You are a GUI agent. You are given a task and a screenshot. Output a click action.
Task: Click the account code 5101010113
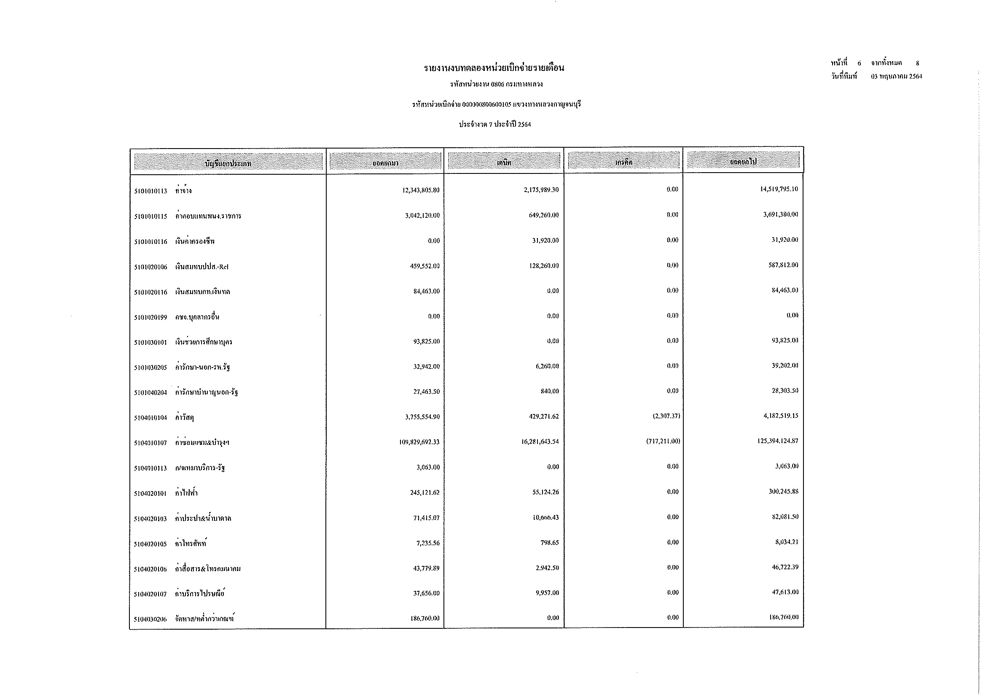pos(150,191)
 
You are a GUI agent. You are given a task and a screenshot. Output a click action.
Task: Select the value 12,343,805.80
pos(420,190)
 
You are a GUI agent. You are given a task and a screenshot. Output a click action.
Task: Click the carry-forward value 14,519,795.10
pos(779,189)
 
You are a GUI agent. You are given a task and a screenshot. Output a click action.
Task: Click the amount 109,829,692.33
pos(419,442)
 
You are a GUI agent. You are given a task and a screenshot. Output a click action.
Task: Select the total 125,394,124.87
pos(777,441)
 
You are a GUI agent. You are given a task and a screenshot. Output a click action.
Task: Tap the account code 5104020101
pos(150,494)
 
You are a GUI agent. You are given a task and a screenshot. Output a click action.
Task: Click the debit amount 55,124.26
pos(545,492)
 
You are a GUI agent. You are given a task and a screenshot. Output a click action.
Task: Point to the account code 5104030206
pos(150,620)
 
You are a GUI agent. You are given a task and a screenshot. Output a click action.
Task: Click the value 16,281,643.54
pos(540,442)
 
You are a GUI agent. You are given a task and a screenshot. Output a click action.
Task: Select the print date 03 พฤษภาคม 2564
pos(896,77)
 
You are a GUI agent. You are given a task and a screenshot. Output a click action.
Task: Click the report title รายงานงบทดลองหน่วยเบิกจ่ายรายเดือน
pos(494,68)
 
